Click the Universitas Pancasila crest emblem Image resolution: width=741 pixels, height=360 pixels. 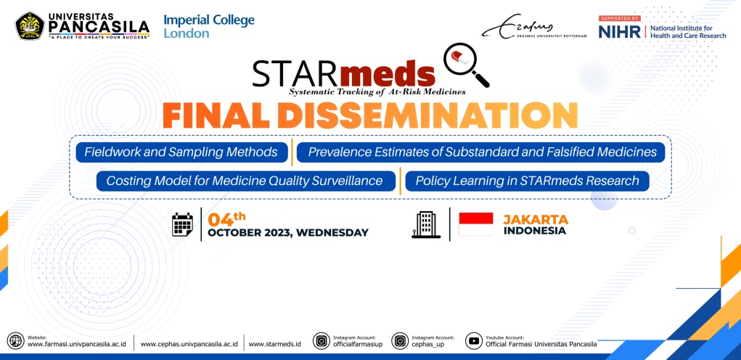(30, 25)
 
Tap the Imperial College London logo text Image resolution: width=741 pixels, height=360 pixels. (209, 26)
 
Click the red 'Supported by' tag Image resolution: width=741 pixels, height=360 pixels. (620, 18)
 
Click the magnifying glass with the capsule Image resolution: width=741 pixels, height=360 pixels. (466, 65)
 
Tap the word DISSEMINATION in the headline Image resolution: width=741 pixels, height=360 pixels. (427, 115)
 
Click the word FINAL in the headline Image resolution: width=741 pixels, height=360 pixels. (217, 115)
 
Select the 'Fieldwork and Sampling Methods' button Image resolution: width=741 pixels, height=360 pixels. (182, 152)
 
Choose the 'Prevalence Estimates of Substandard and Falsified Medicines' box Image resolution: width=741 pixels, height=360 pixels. (480, 152)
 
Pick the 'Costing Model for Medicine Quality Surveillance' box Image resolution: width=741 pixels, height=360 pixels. (246, 181)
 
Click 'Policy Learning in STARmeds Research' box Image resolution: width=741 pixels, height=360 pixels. (527, 181)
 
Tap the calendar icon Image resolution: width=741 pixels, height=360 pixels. (182, 224)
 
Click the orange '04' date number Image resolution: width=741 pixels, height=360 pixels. (221, 220)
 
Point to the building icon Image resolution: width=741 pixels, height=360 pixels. (426, 224)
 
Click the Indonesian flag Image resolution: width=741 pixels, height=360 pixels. (476, 224)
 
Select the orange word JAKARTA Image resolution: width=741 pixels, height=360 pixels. (536, 220)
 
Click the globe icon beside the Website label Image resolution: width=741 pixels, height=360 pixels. (15, 341)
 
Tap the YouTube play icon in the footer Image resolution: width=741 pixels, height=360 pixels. (473, 341)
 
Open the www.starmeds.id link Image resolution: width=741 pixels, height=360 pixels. (274, 344)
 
